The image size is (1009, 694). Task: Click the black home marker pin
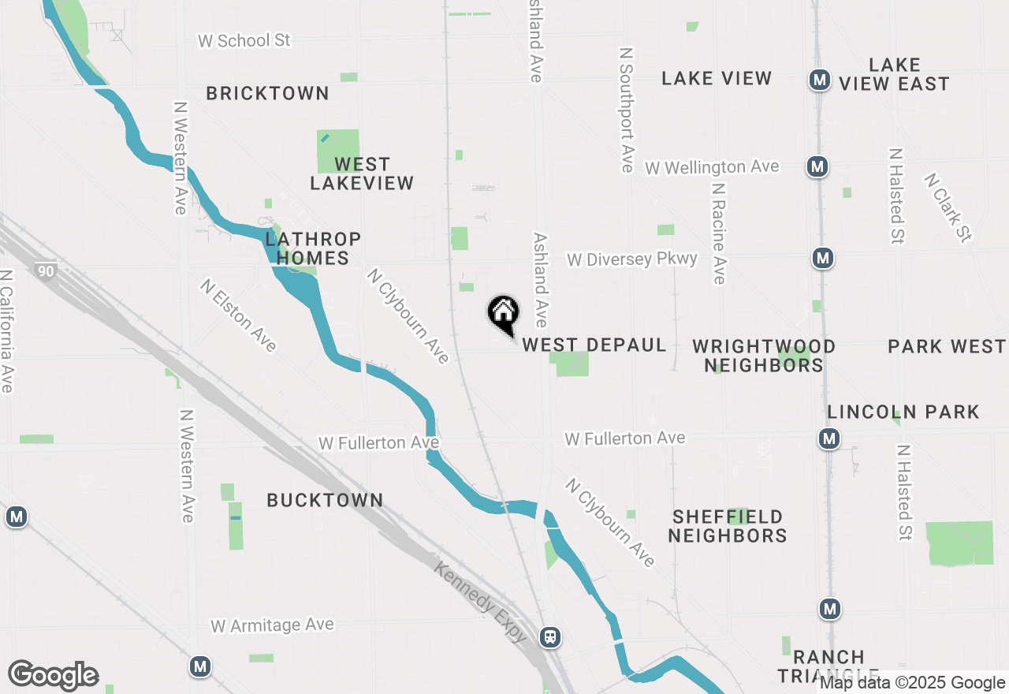point(503,313)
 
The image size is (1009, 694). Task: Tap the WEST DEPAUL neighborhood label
point(594,345)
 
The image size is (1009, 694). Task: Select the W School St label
point(244,40)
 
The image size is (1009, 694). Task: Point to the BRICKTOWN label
point(267,93)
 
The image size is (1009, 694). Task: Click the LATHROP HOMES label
point(313,248)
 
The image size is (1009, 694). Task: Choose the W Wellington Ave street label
point(712,167)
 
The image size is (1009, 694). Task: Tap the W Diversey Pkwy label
point(632,259)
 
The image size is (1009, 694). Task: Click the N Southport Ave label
point(627,110)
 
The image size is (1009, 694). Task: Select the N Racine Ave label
point(717,234)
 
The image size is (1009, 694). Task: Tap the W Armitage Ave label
point(272,625)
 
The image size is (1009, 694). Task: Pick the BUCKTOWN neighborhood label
point(325,500)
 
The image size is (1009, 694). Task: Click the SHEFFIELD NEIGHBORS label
point(729,526)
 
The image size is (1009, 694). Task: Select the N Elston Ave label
point(238,315)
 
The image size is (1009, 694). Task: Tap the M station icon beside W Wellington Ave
point(817,167)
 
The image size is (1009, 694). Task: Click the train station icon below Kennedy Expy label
point(550,636)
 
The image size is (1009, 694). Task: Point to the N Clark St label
point(949,207)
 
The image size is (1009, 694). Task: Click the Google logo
point(53,676)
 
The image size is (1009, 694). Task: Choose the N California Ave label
point(7,331)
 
